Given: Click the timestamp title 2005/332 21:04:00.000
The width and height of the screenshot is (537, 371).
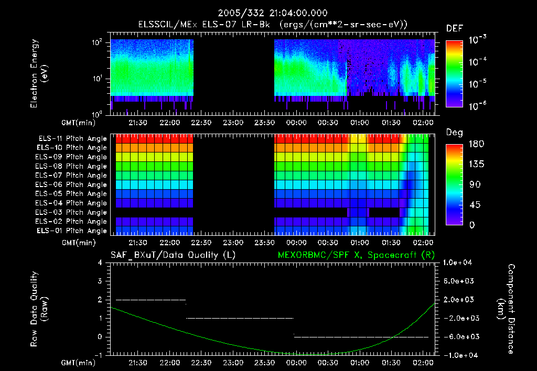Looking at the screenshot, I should [x=268, y=13].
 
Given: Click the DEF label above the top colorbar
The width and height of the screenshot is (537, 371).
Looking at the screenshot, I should [x=454, y=29].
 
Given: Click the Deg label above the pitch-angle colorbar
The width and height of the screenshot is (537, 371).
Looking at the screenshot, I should [x=454, y=133].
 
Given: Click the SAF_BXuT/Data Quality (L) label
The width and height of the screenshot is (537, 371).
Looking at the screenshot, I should [x=173, y=255].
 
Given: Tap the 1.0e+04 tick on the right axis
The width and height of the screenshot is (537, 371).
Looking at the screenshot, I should [x=459, y=263].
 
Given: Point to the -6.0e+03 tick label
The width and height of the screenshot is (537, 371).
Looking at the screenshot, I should [x=459, y=336].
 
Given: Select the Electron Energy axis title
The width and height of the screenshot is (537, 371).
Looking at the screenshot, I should [x=39, y=73].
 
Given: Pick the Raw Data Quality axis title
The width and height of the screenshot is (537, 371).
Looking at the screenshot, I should [x=39, y=309].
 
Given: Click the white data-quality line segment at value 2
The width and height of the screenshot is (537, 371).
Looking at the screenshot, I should [x=151, y=300].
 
